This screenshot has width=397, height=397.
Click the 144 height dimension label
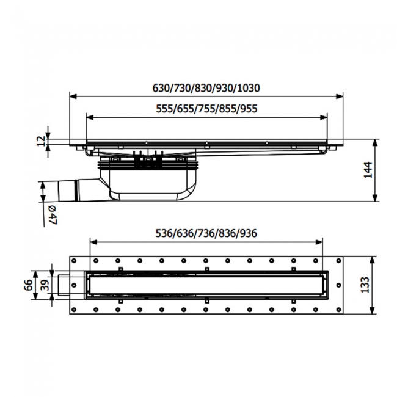367,170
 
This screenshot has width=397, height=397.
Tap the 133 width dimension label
365,285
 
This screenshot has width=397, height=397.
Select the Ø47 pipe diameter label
52,215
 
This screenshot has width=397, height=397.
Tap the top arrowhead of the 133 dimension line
374,255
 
